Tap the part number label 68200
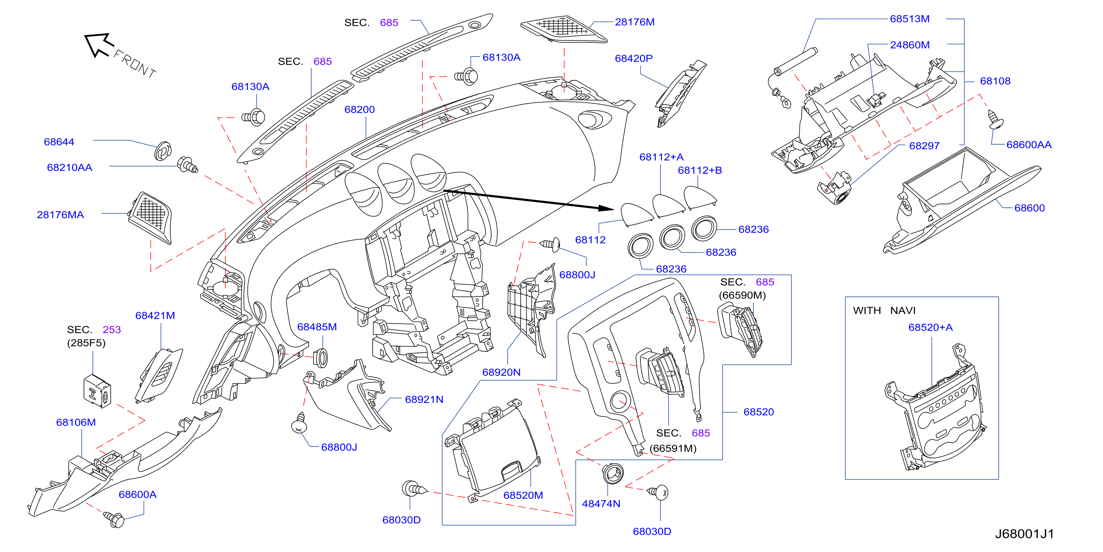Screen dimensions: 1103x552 click(x=359, y=110)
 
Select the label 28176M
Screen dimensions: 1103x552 click(x=634, y=22)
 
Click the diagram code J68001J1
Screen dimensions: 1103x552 click(x=1024, y=534)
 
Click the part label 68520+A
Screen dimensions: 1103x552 click(x=930, y=328)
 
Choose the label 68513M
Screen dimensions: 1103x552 click(x=910, y=19)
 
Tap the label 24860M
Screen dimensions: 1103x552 click(x=910, y=45)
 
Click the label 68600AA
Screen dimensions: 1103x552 click(x=1029, y=145)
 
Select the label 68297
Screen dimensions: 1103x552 click(x=924, y=146)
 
